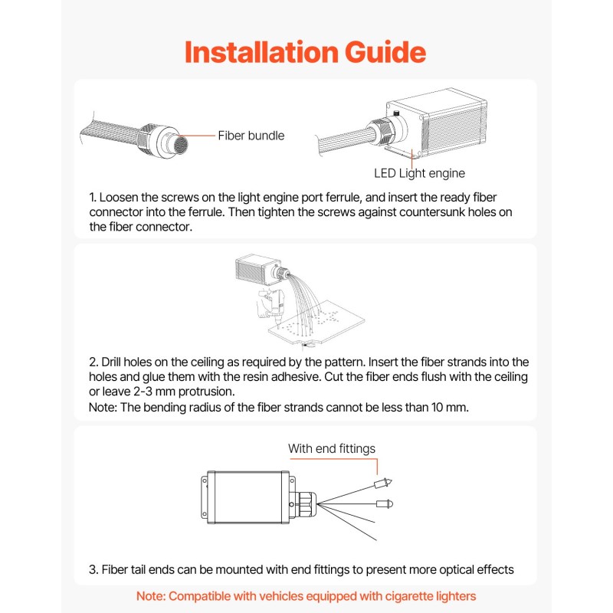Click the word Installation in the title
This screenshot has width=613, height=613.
[x=261, y=52]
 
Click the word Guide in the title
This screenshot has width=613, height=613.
[x=385, y=52]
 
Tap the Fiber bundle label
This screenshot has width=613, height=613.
[x=251, y=136]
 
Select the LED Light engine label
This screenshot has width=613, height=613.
[x=419, y=173]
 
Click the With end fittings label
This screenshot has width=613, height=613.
[x=332, y=448]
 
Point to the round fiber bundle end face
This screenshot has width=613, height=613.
[x=180, y=145]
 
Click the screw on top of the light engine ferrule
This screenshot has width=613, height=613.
[x=396, y=113]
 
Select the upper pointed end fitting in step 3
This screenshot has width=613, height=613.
[x=383, y=484]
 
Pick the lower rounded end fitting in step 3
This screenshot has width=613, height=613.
[x=385, y=503]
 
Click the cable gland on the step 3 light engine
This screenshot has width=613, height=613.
[x=306, y=504]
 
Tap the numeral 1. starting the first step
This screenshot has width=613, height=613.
[x=93, y=198]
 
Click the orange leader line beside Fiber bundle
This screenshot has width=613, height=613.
[x=197, y=136]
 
